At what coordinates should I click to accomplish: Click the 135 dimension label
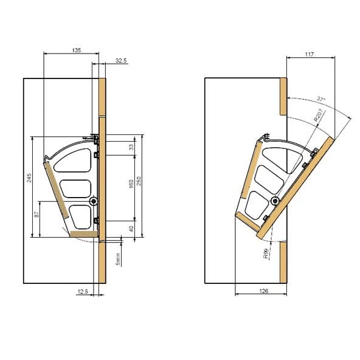coord(77,50)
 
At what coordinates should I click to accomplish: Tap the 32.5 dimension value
coord(121,61)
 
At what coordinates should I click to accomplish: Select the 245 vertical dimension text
coord(29,178)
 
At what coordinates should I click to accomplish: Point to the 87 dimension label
coord(36,215)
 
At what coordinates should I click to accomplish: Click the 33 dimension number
coord(131,147)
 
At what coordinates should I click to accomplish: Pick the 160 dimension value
coord(131,184)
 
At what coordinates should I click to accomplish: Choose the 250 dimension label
coord(139,181)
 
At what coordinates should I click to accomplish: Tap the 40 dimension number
coord(131,229)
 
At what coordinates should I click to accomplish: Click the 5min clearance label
coord(118,259)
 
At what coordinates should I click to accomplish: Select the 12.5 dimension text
coord(83,291)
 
